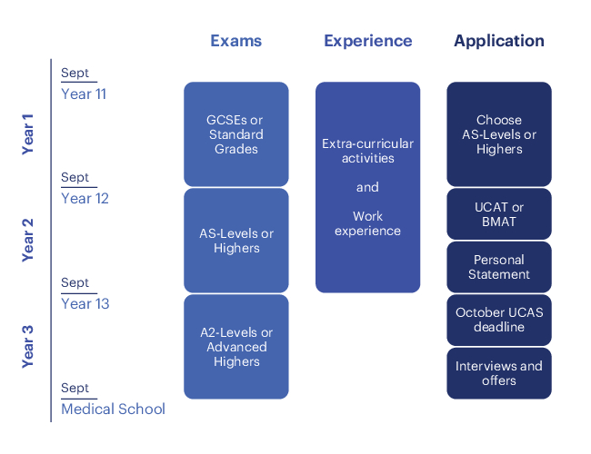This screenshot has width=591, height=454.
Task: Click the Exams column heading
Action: click(235, 41)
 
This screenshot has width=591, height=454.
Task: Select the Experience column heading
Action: click(367, 41)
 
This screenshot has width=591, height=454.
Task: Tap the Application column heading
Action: click(499, 41)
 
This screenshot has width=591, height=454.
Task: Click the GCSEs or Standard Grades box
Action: click(236, 134)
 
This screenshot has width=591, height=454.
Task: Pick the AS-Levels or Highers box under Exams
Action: click(236, 241)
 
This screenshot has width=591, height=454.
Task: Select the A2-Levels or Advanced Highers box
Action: click(236, 347)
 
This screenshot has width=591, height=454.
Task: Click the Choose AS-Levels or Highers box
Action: click(499, 134)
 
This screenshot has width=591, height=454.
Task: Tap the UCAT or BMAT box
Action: click(499, 214)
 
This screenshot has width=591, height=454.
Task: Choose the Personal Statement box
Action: click(499, 267)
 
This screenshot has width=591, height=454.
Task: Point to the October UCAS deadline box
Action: click(499, 320)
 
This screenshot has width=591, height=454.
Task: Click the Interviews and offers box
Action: click(499, 372)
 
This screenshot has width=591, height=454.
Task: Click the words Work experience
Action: click(367, 223)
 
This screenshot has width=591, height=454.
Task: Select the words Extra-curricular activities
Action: click(367, 151)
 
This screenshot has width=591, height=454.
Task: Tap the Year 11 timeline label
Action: click(84, 94)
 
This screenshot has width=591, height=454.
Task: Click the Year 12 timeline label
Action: click(85, 198)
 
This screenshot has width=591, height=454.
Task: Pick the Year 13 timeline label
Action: click(85, 303)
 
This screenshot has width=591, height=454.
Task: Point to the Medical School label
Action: click(113, 409)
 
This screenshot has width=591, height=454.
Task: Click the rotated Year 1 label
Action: click(27, 134)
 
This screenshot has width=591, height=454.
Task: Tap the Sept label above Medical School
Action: click(75, 388)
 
